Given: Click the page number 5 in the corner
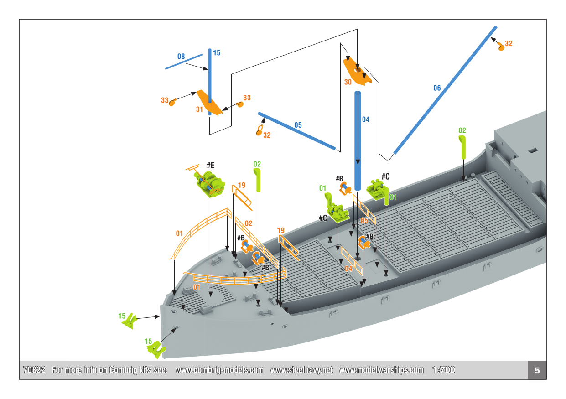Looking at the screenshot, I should [x=537, y=370].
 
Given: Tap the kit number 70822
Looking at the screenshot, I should [x=34, y=370].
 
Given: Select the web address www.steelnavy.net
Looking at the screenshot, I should [x=301, y=370].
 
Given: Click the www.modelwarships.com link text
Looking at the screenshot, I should [x=381, y=370].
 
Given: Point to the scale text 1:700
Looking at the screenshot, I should [x=443, y=370].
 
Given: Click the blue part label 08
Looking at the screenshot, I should [x=181, y=57].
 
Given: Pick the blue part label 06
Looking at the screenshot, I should [x=437, y=88].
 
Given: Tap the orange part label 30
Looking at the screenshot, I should [x=348, y=83].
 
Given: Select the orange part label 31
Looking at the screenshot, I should [x=199, y=109].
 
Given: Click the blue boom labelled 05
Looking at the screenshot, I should [x=296, y=130].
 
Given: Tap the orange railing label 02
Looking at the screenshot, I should [x=248, y=223].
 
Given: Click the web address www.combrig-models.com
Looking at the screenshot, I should [x=219, y=370].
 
